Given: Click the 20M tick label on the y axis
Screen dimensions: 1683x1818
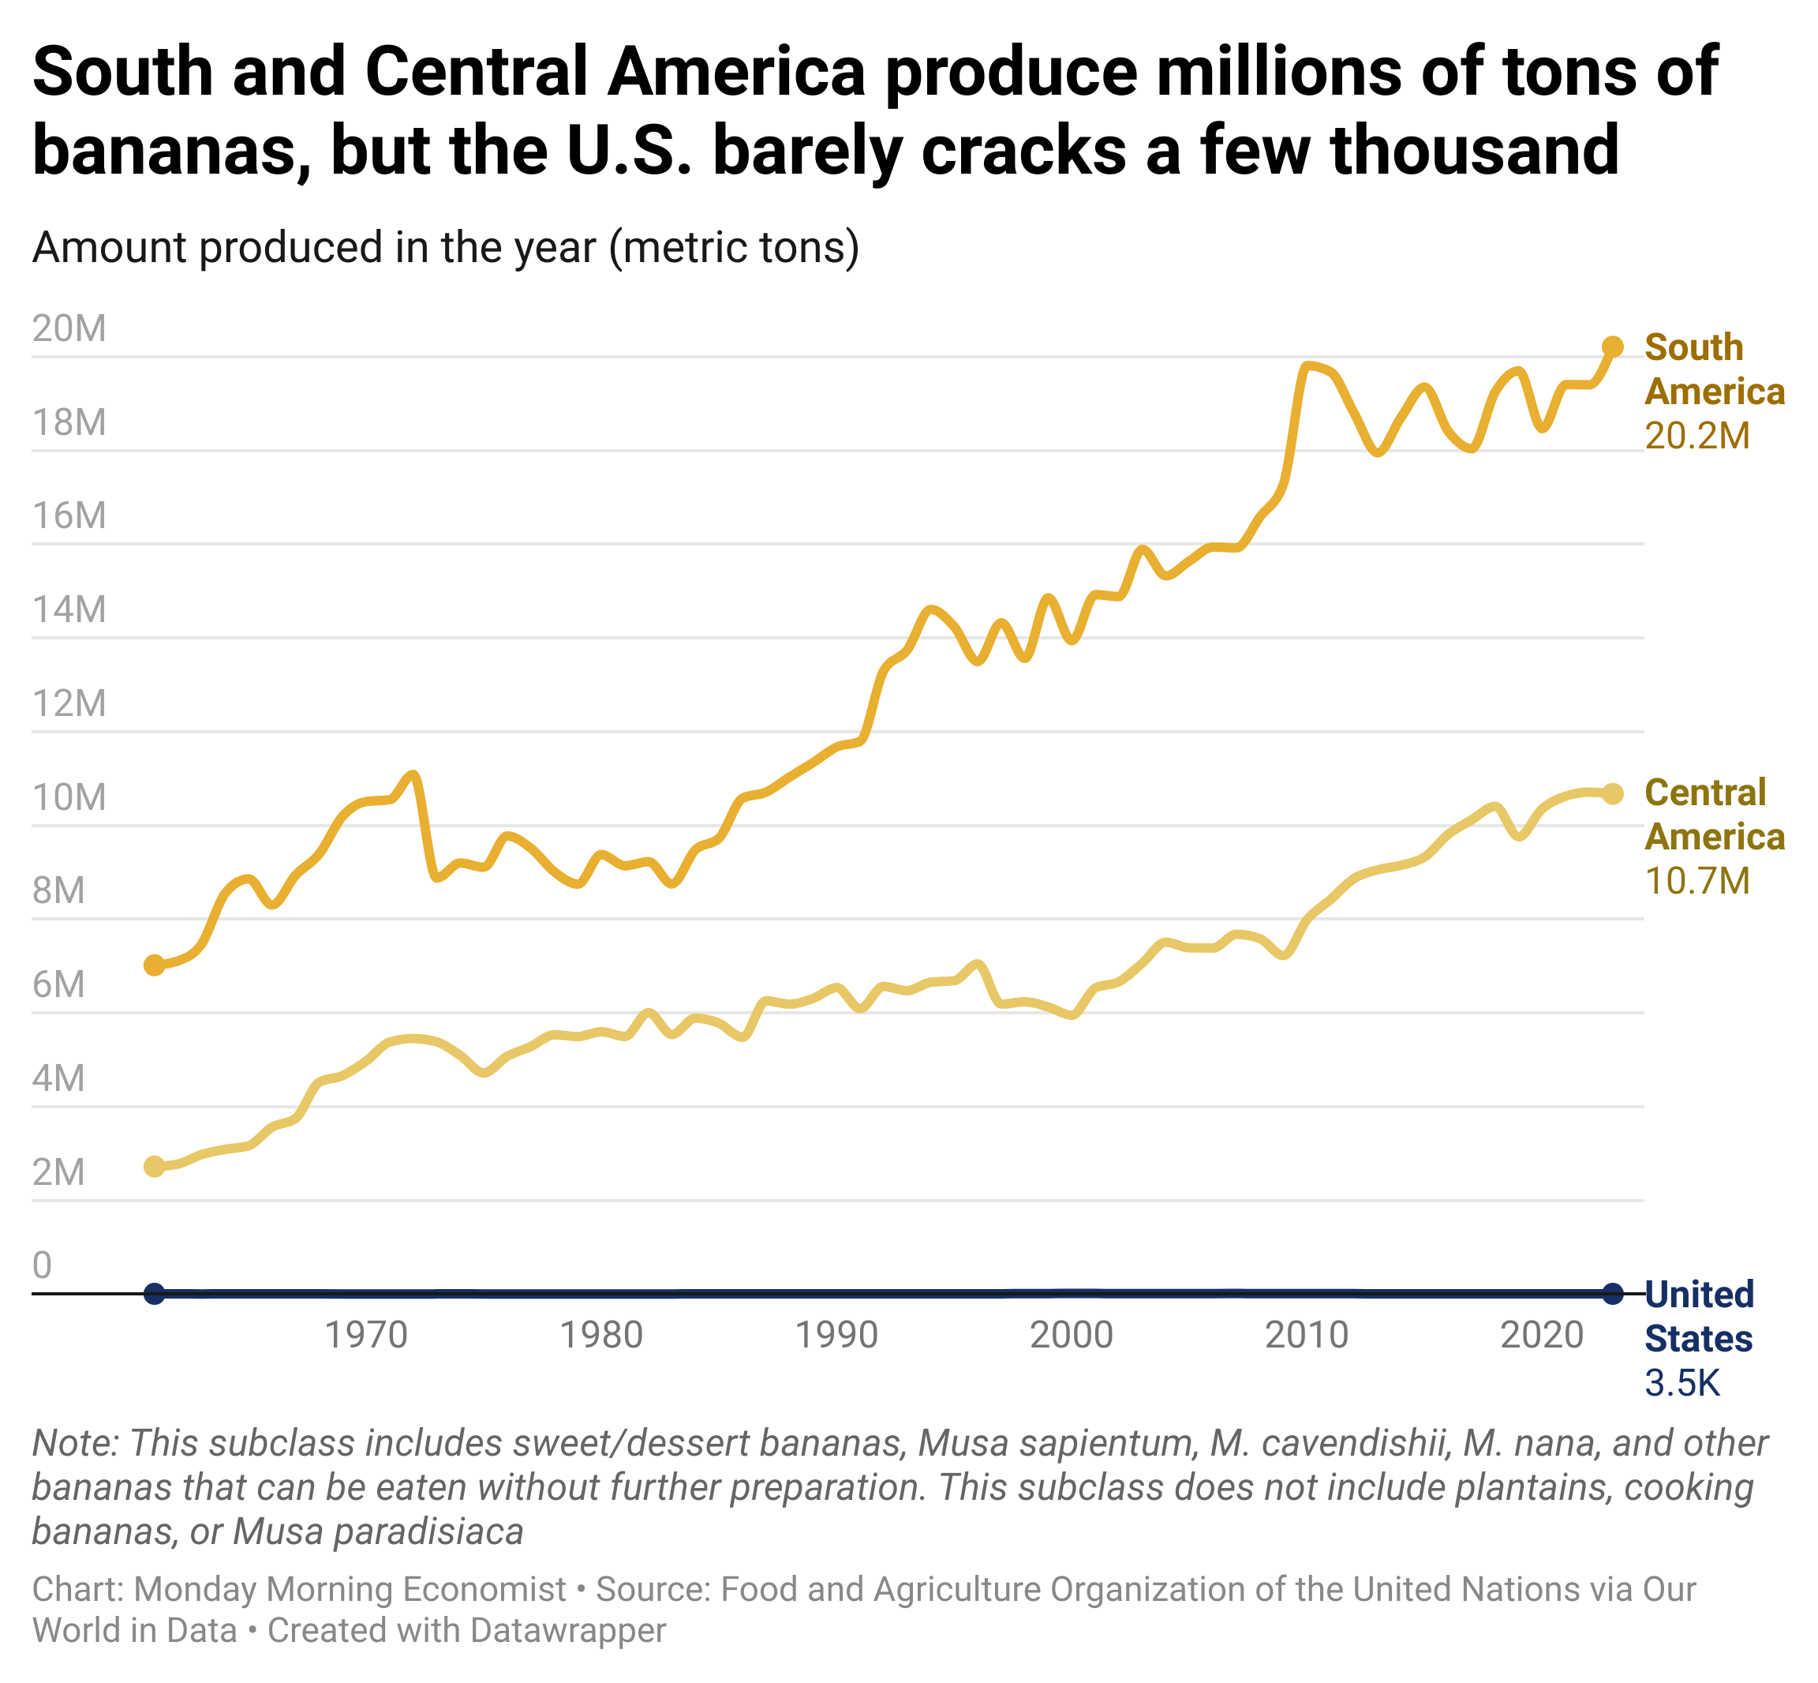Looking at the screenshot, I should (69, 328).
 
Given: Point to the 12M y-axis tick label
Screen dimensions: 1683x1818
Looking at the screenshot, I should (69, 703).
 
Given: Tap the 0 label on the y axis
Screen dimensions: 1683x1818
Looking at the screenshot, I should (42, 1265).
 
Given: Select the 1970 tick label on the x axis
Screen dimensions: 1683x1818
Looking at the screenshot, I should (366, 1335).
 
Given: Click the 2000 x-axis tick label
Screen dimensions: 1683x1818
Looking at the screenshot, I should (1072, 1335).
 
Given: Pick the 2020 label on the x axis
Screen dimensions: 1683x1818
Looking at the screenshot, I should (1542, 1335).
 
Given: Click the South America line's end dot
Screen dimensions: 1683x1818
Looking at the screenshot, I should (1612, 347).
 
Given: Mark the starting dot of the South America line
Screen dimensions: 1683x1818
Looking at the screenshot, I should (155, 965).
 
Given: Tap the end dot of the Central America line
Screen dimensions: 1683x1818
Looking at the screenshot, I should (1612, 794).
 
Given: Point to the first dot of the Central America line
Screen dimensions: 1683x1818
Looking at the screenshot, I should (155, 1167).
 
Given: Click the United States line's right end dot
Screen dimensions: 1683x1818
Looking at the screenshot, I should (1612, 1292).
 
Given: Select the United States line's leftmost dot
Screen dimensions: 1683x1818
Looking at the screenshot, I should (155, 1292).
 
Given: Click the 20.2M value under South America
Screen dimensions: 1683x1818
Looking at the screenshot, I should (1697, 437).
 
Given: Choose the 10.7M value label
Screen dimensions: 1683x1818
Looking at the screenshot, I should (1697, 881).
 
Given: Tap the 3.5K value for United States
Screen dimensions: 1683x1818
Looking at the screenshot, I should (1682, 1383).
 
